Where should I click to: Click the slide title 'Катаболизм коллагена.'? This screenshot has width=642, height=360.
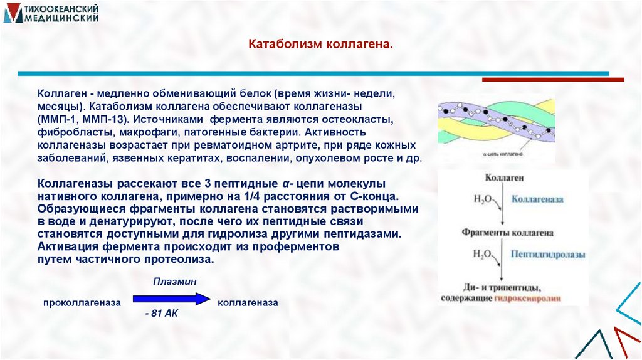click(x=320, y=45)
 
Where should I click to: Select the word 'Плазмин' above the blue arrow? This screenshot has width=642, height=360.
click(x=175, y=282)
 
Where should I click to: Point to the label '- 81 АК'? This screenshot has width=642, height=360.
click(x=161, y=314)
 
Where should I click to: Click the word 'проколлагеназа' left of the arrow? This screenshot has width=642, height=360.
click(x=82, y=302)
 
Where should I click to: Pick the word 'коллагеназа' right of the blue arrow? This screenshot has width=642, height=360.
click(x=248, y=302)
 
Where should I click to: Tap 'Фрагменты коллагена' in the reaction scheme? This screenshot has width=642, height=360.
click(x=508, y=233)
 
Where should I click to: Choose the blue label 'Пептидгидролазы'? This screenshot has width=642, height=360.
click(x=548, y=255)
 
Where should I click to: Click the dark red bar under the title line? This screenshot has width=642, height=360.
click(x=552, y=80)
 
